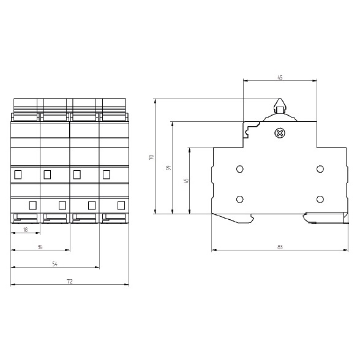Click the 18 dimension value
pyautogui.click(x=26, y=230)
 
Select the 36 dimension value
pyautogui.click(x=40, y=247)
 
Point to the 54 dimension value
pyautogui.click(x=54, y=264)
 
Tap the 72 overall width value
pyautogui.click(x=70, y=281)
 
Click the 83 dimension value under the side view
pyautogui.click(x=280, y=247)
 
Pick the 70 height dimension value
pyautogui.click(x=151, y=157)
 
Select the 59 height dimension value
pyautogui.click(x=169, y=168)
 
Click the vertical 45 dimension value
pyautogui.click(x=186, y=181)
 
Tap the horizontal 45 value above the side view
pyautogui.click(x=280, y=78)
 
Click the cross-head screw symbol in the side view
pyautogui.click(x=280, y=133)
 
